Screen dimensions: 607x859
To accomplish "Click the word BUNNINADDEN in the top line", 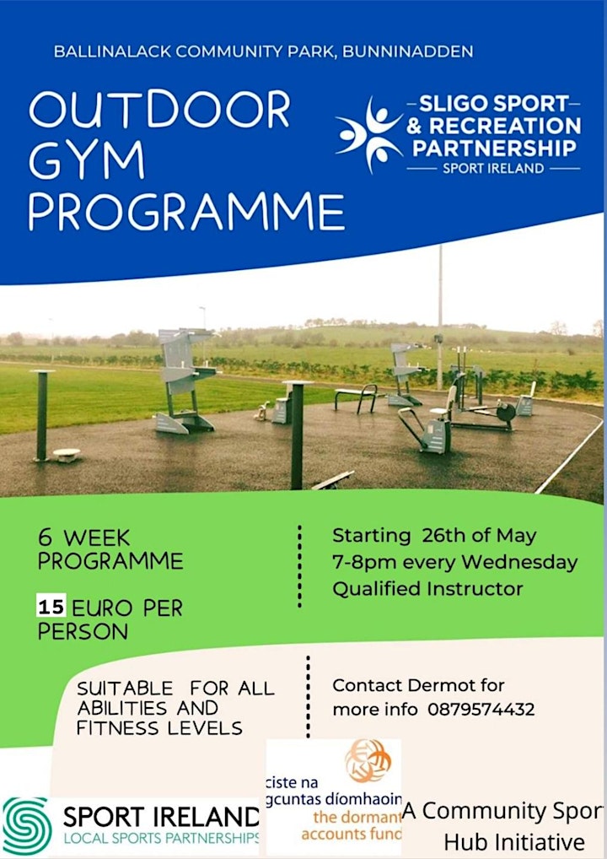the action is point(408,51).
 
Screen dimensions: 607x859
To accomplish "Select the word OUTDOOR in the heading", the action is point(159,110).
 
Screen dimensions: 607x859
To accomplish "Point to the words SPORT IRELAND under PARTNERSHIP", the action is point(493,168).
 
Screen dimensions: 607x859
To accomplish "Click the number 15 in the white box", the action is point(51,607).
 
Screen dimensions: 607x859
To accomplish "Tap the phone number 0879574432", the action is point(481,710).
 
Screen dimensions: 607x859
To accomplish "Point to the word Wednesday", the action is point(518,563).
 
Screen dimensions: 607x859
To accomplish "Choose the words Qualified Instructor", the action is point(427,590).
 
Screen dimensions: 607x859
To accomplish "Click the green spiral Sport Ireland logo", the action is point(27,825).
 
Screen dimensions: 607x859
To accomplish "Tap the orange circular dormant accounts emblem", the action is point(368,760).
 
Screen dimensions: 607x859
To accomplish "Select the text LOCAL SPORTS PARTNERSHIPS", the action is point(162,838).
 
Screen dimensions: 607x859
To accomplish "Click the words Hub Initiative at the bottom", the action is point(514,842).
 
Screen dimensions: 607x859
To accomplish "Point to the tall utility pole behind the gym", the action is point(440,318).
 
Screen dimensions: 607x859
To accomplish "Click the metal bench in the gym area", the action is point(357,397).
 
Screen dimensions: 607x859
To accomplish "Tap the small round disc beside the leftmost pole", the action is point(67,454).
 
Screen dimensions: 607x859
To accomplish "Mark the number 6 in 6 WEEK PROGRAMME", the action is point(45,538).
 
